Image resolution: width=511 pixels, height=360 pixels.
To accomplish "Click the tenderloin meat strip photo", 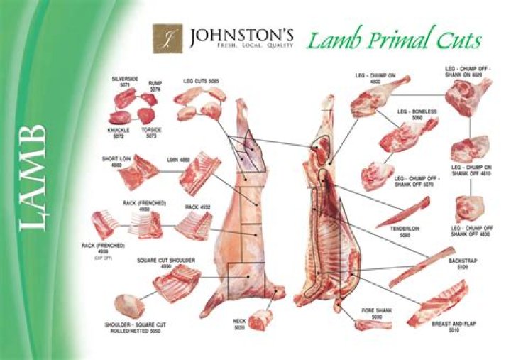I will coord(403,212).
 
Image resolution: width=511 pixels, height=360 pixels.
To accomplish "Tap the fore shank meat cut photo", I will coord(373,325).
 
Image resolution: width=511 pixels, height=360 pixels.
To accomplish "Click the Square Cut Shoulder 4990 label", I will coord(166,263).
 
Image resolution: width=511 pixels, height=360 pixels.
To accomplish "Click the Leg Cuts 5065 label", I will coord(201,82).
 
